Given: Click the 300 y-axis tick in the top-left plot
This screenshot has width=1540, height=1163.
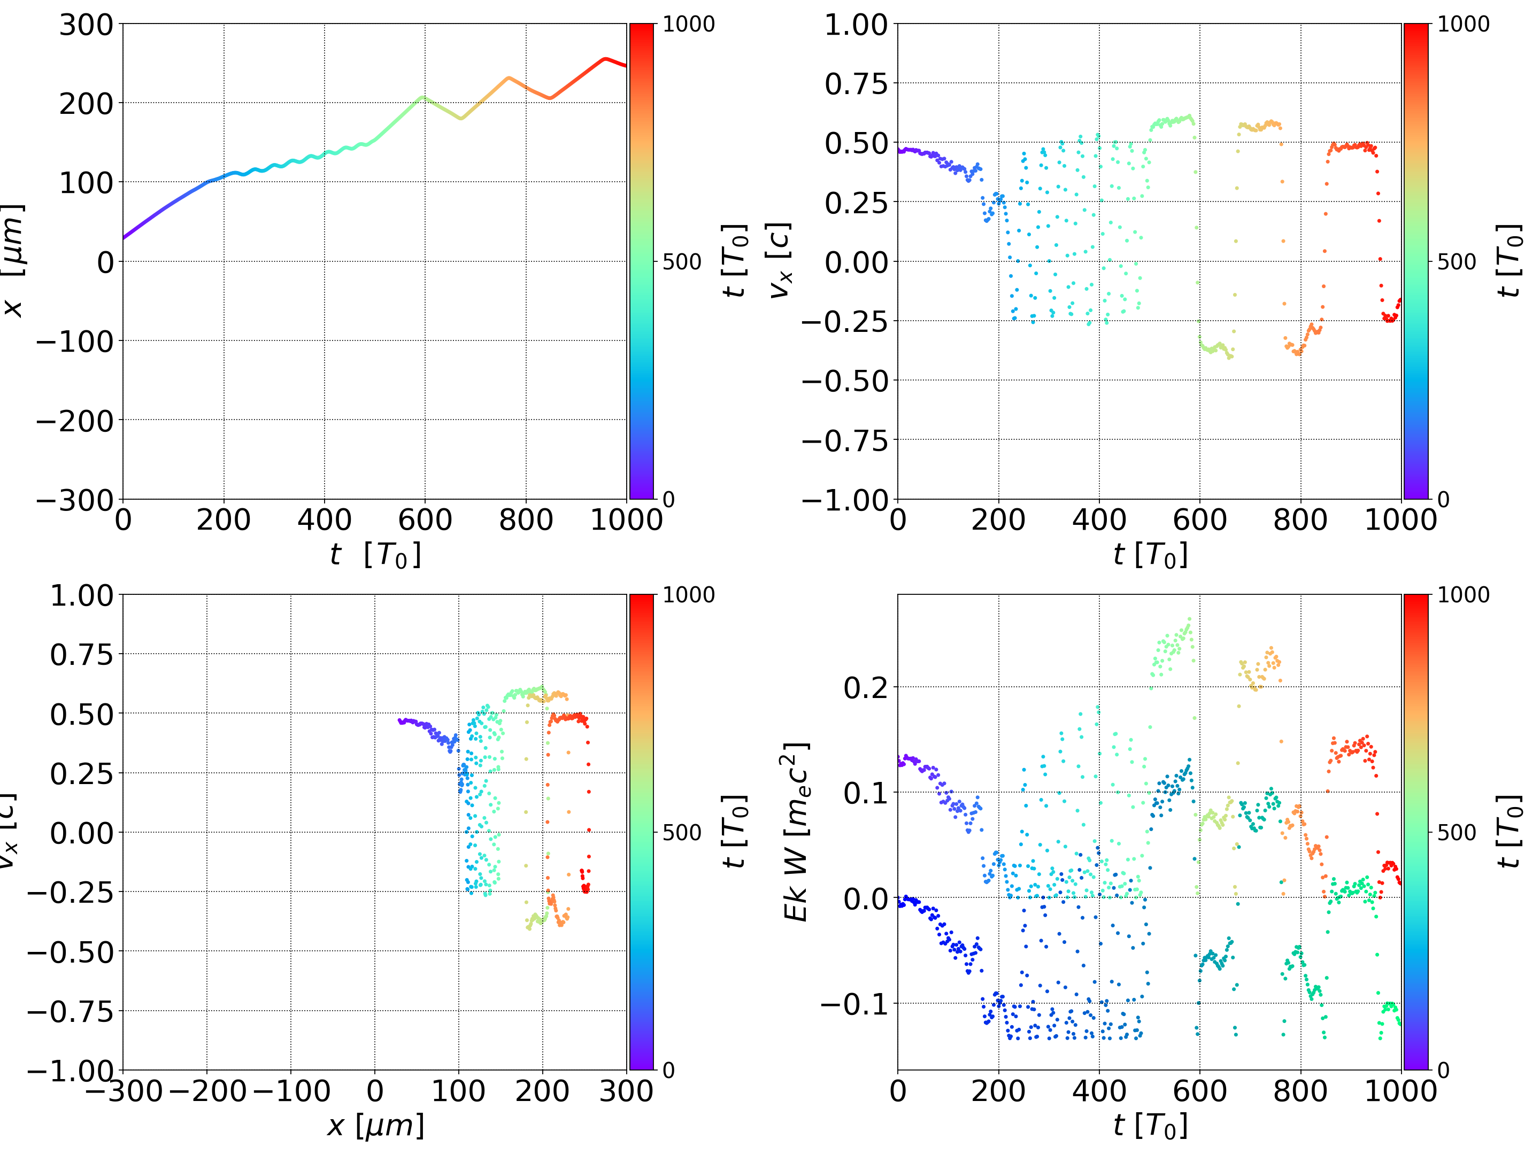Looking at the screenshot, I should (86, 25).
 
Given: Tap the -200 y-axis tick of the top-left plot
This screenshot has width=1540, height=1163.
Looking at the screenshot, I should (74, 421).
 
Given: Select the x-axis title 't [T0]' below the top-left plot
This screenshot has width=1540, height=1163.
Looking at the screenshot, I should (375, 555).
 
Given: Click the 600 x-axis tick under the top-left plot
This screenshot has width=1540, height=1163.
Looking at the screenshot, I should (425, 520).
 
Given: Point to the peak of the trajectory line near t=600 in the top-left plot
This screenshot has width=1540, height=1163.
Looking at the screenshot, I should (422, 97).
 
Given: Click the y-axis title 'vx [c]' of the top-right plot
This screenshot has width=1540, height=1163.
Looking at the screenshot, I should (780, 260).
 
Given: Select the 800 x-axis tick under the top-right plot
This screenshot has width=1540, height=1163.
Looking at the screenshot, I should (1300, 520).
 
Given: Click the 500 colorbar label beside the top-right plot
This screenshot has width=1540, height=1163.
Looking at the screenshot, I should (1457, 262).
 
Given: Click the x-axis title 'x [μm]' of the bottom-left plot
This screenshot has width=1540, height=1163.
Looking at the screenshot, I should (375, 1126).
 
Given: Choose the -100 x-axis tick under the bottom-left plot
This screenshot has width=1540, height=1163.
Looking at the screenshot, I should (291, 1091).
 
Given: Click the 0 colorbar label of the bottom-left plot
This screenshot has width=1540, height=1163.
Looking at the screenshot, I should (668, 1070).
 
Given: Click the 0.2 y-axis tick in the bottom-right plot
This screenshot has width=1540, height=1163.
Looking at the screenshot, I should (865, 688).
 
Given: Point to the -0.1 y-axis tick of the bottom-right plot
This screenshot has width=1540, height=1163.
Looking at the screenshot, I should (854, 1004).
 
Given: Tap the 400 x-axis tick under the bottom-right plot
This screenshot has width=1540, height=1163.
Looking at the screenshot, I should (1099, 1091).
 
